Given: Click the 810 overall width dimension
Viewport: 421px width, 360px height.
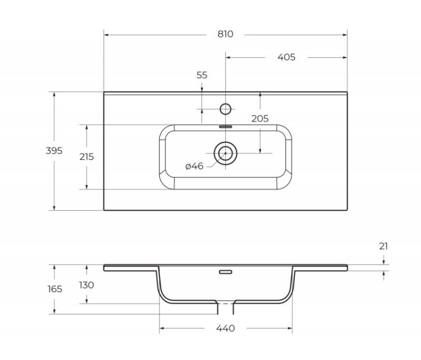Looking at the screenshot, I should pyautogui.click(x=225, y=34).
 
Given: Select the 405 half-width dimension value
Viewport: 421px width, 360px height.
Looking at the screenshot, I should pyautogui.click(x=286, y=57).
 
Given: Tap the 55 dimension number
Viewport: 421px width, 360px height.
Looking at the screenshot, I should pyautogui.click(x=202, y=75).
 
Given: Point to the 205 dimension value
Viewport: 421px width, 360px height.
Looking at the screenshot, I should pyautogui.click(x=260, y=118).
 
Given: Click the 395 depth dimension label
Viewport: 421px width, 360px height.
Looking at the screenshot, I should pyautogui.click(x=54, y=151).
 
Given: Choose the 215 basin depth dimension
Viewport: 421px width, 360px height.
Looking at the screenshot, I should pyautogui.click(x=86, y=157).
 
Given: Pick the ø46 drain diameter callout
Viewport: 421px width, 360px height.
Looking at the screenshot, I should pyautogui.click(x=194, y=165).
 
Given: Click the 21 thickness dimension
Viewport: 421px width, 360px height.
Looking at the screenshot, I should pyautogui.click(x=383, y=246).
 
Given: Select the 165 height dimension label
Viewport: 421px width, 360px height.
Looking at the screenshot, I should pyautogui.click(x=54, y=289).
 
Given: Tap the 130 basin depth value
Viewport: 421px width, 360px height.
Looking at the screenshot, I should pyautogui.click(x=86, y=285).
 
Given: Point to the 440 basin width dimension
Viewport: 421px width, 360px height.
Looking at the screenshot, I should pyautogui.click(x=225, y=328).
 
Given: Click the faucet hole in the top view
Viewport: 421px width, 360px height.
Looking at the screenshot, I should pyautogui.click(x=226, y=108).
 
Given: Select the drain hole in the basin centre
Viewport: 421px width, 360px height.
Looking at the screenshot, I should pyautogui.click(x=226, y=153).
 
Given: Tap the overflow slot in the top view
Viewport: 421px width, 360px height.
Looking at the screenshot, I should pyautogui.click(x=226, y=126).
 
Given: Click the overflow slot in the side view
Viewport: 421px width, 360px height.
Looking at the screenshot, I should pyautogui.click(x=226, y=272).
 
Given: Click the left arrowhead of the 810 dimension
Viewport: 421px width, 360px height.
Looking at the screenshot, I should pyautogui.click(x=107, y=34).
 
